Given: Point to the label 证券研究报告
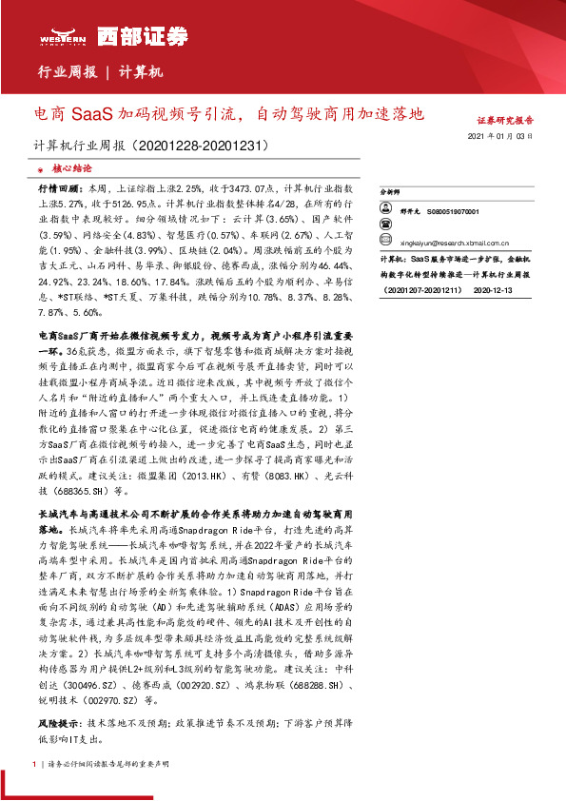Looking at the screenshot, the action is [504, 122].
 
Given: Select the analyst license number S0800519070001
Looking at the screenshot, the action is [453, 212].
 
